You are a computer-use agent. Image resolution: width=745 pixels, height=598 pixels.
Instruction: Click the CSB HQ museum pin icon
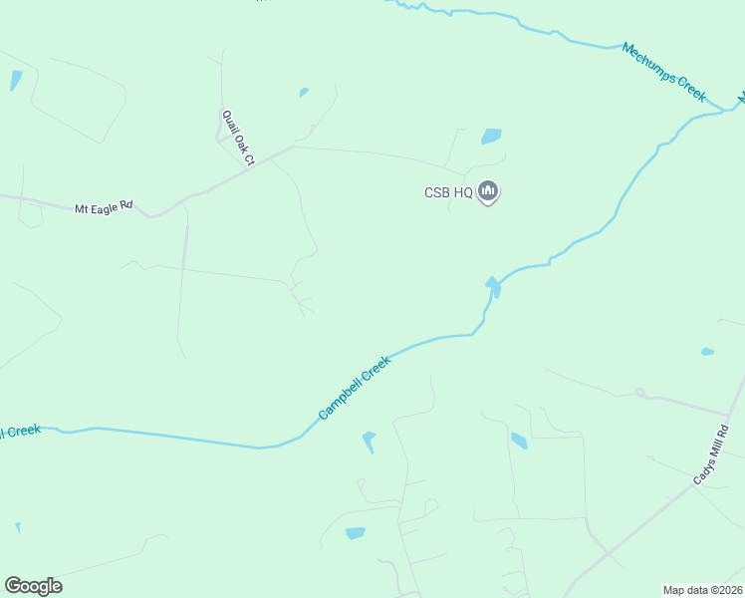pos(488,190)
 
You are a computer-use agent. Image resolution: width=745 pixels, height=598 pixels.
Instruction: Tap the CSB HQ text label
pos(449,193)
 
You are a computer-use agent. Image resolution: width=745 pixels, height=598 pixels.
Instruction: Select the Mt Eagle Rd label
pos(104,207)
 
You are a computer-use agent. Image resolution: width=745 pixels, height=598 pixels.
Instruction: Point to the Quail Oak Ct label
pos(239,137)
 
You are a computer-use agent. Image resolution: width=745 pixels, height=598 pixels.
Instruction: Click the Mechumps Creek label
pos(663,72)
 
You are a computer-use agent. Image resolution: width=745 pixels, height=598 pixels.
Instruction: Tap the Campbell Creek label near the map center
pos(355,387)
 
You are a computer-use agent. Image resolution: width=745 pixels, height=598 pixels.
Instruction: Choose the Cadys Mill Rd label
pos(711,456)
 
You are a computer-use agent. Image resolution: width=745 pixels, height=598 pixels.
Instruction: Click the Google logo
pos(33,586)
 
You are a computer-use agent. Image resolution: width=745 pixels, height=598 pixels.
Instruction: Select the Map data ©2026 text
pos(702,590)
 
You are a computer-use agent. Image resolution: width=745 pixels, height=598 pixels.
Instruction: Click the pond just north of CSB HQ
pos(491,137)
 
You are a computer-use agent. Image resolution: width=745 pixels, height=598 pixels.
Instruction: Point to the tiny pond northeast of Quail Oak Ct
pos(303,94)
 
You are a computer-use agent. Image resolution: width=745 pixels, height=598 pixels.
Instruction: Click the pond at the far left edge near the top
pos(15,81)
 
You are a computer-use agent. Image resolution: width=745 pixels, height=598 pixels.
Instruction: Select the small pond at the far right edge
pos(707,352)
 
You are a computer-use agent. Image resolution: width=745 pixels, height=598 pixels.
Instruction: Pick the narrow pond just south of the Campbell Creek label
pos(370,441)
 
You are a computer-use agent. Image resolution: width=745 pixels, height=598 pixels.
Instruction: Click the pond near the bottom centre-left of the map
pos(356,533)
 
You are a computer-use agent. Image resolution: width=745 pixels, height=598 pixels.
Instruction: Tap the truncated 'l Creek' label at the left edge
pos(20,432)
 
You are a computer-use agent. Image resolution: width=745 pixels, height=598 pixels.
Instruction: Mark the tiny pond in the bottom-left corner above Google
pos(17,527)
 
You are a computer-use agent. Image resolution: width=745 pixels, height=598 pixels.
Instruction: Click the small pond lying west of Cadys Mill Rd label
pos(519,441)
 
